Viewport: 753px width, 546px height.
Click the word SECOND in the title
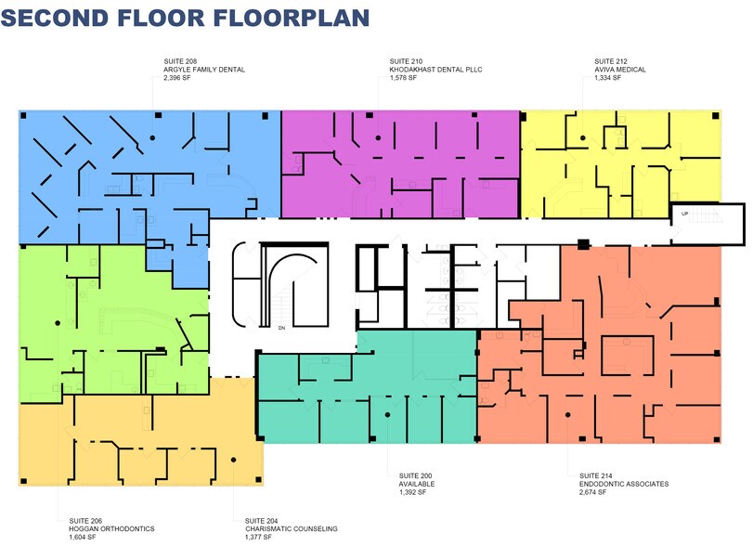(55, 18)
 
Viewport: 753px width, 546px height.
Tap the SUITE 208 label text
(180, 61)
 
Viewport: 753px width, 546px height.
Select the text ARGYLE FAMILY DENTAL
(204, 70)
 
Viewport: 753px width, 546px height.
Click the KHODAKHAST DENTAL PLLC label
(435, 70)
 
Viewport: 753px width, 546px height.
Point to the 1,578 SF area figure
(403, 78)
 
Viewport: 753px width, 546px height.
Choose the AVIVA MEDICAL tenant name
(620, 70)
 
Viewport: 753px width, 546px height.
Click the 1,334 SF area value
(607, 78)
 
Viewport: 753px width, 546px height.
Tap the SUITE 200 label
(415, 475)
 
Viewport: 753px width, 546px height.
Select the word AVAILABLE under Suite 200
(417, 484)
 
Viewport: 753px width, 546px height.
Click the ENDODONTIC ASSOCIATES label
(624, 484)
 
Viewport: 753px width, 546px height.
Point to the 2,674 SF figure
(592, 492)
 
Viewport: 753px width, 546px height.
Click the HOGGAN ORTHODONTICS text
(112, 528)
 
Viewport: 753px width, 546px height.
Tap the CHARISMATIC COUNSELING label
(291, 528)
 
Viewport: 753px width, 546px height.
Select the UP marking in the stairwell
(685, 214)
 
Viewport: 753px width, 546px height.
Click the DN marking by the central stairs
(282, 328)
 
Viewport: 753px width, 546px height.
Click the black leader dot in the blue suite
(152, 137)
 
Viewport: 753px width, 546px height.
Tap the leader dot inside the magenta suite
(379, 138)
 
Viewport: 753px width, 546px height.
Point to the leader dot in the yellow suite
(583, 137)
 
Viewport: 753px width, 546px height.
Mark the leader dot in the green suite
(58, 323)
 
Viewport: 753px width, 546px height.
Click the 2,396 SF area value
(177, 78)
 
